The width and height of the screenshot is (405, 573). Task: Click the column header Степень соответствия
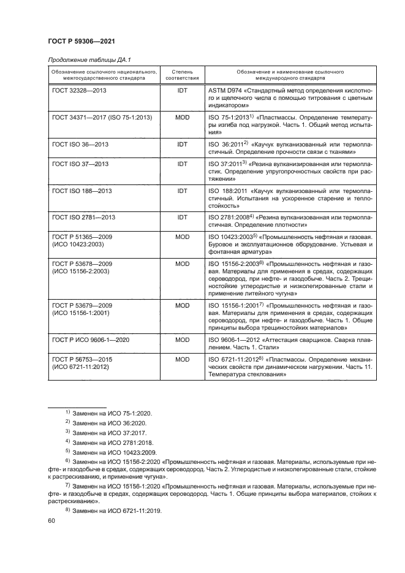click(182, 75)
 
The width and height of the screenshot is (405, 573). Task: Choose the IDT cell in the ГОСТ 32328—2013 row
click(182, 90)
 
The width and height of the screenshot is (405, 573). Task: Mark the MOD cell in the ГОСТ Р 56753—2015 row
click(182, 357)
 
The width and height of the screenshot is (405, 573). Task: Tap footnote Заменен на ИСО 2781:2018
click(113, 442)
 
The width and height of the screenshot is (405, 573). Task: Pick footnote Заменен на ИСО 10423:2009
click(114, 452)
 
